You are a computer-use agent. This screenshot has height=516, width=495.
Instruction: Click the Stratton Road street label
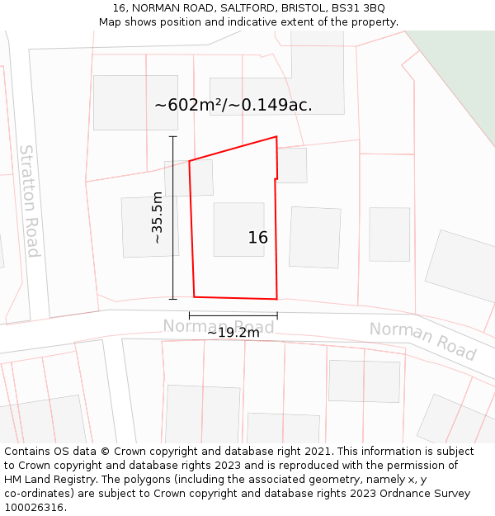point(30,201)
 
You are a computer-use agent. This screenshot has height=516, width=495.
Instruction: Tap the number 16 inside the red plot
point(257,238)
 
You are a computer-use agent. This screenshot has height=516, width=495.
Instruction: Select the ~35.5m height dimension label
point(157,217)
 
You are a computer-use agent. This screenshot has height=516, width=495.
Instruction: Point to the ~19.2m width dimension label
point(233,332)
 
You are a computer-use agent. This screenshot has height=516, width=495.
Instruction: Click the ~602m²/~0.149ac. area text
point(233,105)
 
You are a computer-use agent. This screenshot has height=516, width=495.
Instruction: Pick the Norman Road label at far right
point(422,340)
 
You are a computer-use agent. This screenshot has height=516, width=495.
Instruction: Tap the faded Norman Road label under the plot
point(218,326)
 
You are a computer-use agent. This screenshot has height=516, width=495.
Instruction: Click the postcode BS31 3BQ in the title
point(361,8)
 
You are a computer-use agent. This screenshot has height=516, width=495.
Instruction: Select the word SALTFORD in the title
point(247,8)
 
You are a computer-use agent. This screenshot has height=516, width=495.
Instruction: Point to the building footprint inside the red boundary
point(238,229)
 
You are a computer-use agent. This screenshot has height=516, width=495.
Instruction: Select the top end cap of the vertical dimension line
point(173,136)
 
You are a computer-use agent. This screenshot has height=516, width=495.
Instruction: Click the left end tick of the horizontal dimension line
point(190,315)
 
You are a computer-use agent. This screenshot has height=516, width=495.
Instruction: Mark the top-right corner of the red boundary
point(276,137)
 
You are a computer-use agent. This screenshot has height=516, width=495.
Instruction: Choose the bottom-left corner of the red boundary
point(194,296)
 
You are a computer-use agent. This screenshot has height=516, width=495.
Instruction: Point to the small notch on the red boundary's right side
point(276,178)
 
